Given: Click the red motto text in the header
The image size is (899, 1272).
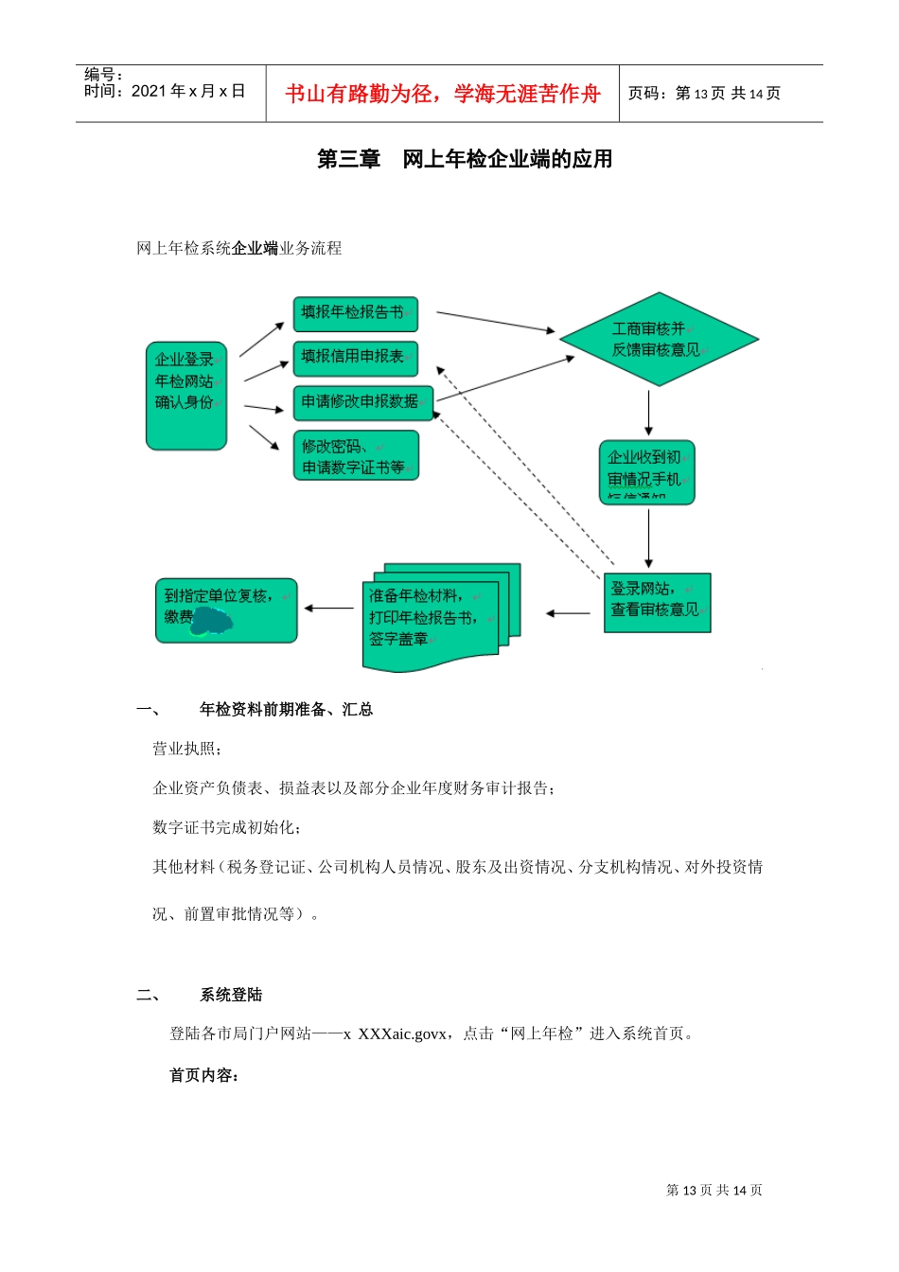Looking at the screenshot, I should (442, 94).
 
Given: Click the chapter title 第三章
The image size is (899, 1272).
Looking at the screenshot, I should (348, 159).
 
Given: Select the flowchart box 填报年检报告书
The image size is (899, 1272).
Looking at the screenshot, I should (355, 313).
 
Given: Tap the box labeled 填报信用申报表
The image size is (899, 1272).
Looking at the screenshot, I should (355, 358).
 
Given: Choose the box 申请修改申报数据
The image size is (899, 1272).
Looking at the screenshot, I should (362, 401).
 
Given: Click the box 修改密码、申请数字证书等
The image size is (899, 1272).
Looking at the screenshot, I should (355, 456).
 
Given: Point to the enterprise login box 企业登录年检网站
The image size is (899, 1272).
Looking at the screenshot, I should (186, 395).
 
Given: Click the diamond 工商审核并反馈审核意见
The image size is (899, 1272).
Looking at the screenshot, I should (659, 340).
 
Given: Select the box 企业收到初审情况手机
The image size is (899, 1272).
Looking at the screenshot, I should (646, 471).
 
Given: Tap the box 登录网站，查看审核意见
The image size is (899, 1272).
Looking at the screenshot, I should (657, 602).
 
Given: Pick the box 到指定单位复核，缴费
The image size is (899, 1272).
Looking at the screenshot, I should (226, 610).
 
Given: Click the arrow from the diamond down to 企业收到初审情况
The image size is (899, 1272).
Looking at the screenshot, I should (648, 413).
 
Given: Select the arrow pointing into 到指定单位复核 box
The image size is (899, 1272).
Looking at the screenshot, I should (329, 609).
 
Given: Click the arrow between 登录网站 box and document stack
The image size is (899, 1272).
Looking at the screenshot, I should (568, 613).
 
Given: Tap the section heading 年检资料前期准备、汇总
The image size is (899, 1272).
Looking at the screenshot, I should (286, 709).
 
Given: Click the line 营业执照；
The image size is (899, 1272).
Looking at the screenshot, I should (187, 749).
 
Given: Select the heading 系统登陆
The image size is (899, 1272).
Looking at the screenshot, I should (231, 995).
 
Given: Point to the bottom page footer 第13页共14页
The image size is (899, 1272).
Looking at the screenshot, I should (714, 1190).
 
